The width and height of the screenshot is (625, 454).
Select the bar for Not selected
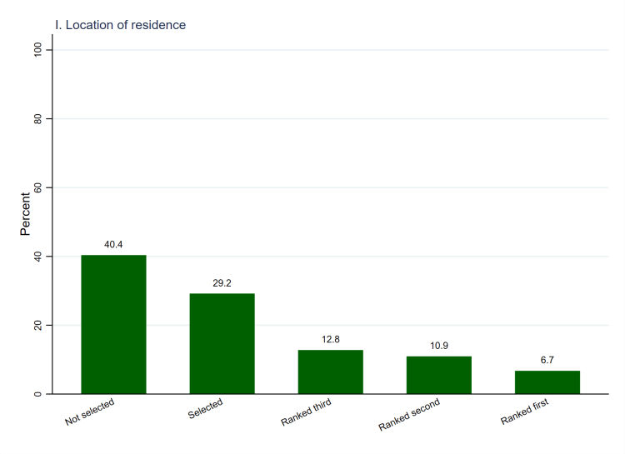[113, 324]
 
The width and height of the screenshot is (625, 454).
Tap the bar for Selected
[222, 343]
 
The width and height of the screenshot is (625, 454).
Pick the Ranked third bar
[330, 372]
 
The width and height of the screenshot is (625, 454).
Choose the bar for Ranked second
[438, 375]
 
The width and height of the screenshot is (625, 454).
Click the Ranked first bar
[547, 382]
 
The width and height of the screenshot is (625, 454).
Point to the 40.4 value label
[113, 245]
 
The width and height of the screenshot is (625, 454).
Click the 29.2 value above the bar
[222, 283]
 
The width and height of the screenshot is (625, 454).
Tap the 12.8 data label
[330, 340]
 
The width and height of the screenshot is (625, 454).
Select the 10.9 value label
[438, 346]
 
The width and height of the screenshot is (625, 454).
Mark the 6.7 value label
[547, 361]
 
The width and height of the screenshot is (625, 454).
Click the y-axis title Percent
[26, 214]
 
